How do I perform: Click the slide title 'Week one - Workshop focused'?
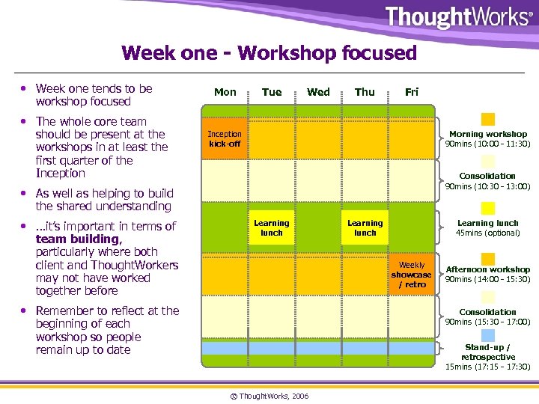(x=269, y=53)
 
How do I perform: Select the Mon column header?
(x=225, y=92)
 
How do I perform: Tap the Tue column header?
(x=272, y=92)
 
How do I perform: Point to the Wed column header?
(x=318, y=92)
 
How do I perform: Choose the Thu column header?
(x=365, y=92)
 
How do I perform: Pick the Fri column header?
(x=412, y=92)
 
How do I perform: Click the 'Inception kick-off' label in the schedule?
(x=225, y=138)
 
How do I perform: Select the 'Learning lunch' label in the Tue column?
(x=271, y=227)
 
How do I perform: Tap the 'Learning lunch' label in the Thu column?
(x=365, y=227)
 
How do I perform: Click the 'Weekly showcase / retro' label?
(x=412, y=275)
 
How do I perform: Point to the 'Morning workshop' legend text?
(x=488, y=134)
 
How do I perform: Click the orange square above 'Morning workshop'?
(x=488, y=119)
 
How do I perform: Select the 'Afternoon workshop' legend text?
(x=488, y=269)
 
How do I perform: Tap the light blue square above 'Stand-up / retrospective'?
(x=488, y=334)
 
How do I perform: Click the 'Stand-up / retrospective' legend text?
(x=488, y=352)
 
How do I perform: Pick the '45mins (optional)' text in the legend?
(x=488, y=233)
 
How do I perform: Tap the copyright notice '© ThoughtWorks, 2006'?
(x=270, y=394)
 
